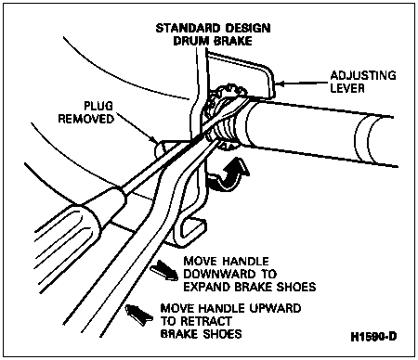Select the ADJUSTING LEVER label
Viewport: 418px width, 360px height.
point(362,82)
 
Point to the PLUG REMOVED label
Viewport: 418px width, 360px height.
point(86,112)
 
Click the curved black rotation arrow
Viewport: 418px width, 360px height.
point(229,174)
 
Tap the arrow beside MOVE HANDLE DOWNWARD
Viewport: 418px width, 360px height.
point(164,269)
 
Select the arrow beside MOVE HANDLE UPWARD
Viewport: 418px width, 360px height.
point(139,314)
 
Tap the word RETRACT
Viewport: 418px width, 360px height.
point(205,321)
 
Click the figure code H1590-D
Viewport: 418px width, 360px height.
point(373,337)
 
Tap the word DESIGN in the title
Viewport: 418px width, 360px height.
point(247,28)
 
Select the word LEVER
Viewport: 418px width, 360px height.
point(347,88)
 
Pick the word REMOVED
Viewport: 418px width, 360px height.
point(86,119)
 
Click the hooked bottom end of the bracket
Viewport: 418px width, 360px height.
point(189,229)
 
